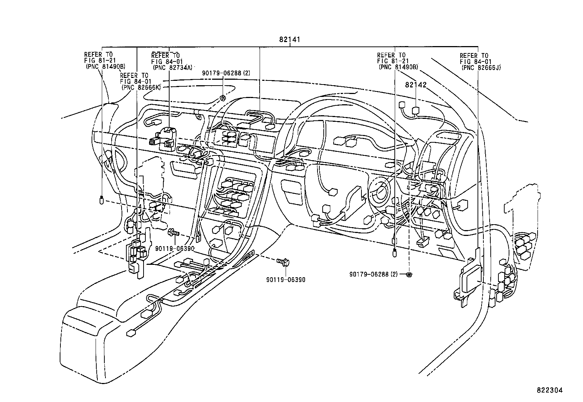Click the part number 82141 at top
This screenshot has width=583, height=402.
point(289,40)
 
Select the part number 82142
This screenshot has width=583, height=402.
point(416,85)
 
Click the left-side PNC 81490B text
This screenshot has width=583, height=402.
point(105,67)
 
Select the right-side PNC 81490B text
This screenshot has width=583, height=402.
point(398,67)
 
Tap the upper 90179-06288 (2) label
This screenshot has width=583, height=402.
point(226,73)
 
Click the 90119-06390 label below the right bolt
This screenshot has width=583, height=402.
point(286,280)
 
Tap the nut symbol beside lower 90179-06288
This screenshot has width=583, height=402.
point(409,274)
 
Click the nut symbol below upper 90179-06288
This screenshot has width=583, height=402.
point(222,98)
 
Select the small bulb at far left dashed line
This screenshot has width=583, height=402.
point(102,200)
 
